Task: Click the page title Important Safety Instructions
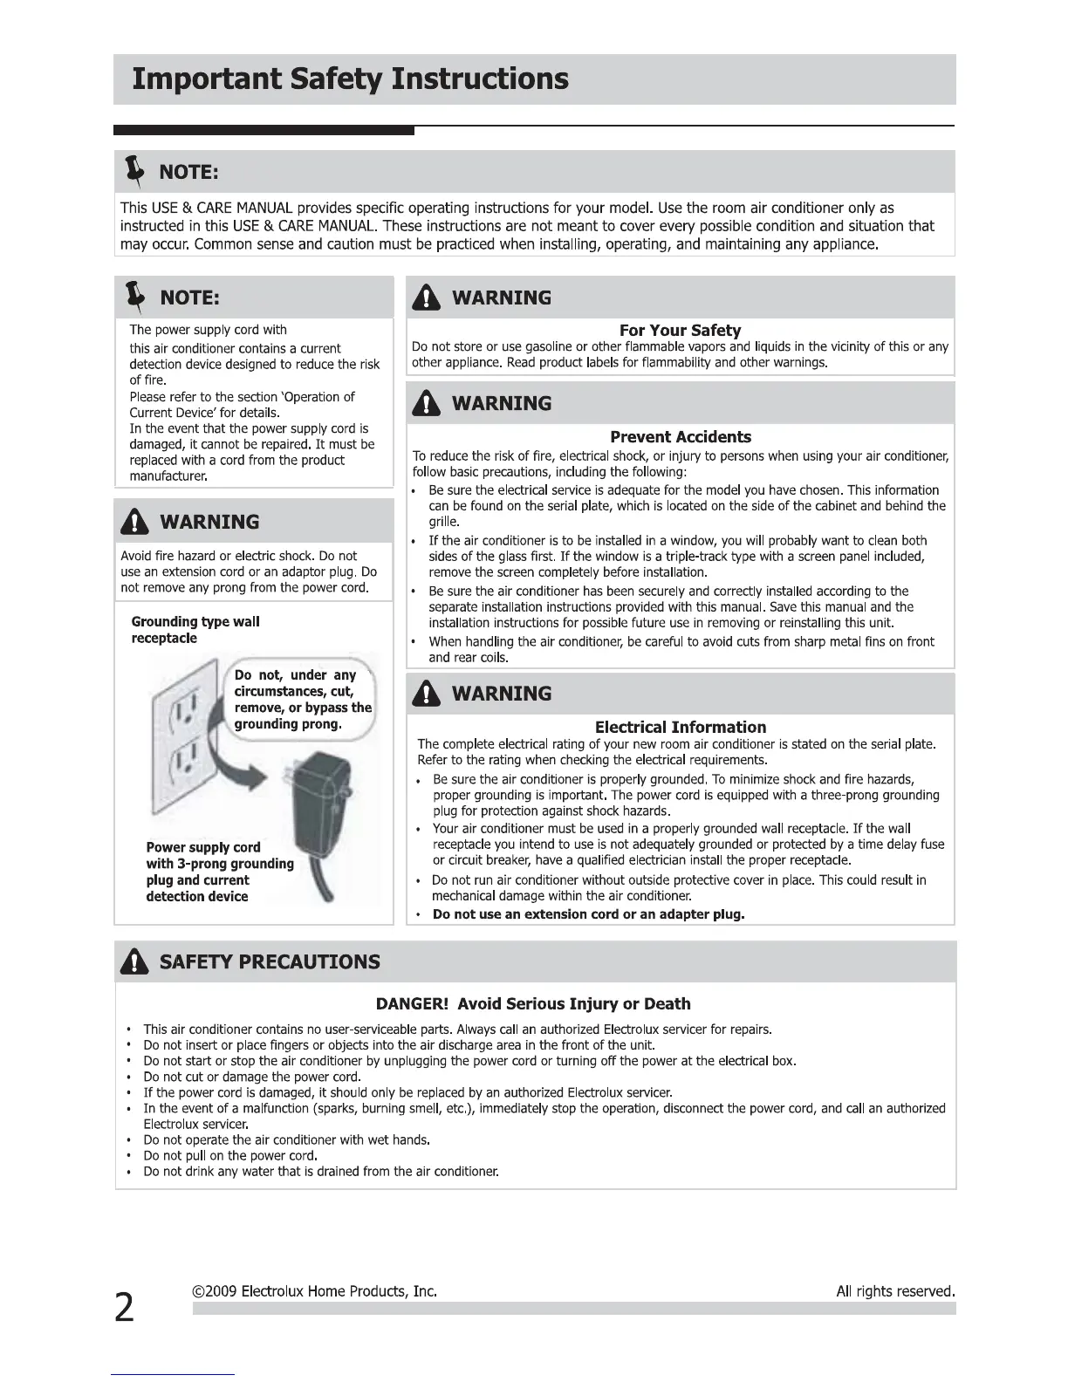tap(350, 79)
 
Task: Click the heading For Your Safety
tap(680, 331)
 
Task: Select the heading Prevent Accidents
tap(680, 437)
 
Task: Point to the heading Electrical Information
tap(680, 727)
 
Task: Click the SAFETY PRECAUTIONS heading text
tap(270, 962)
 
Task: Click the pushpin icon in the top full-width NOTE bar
tap(134, 172)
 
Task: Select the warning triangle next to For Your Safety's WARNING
tap(426, 298)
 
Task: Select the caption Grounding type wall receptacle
tap(195, 630)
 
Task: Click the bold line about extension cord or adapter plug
tap(588, 914)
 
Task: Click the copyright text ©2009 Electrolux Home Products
tap(314, 1291)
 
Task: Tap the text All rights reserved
tap(895, 1291)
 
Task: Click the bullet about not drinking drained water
tap(321, 1172)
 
